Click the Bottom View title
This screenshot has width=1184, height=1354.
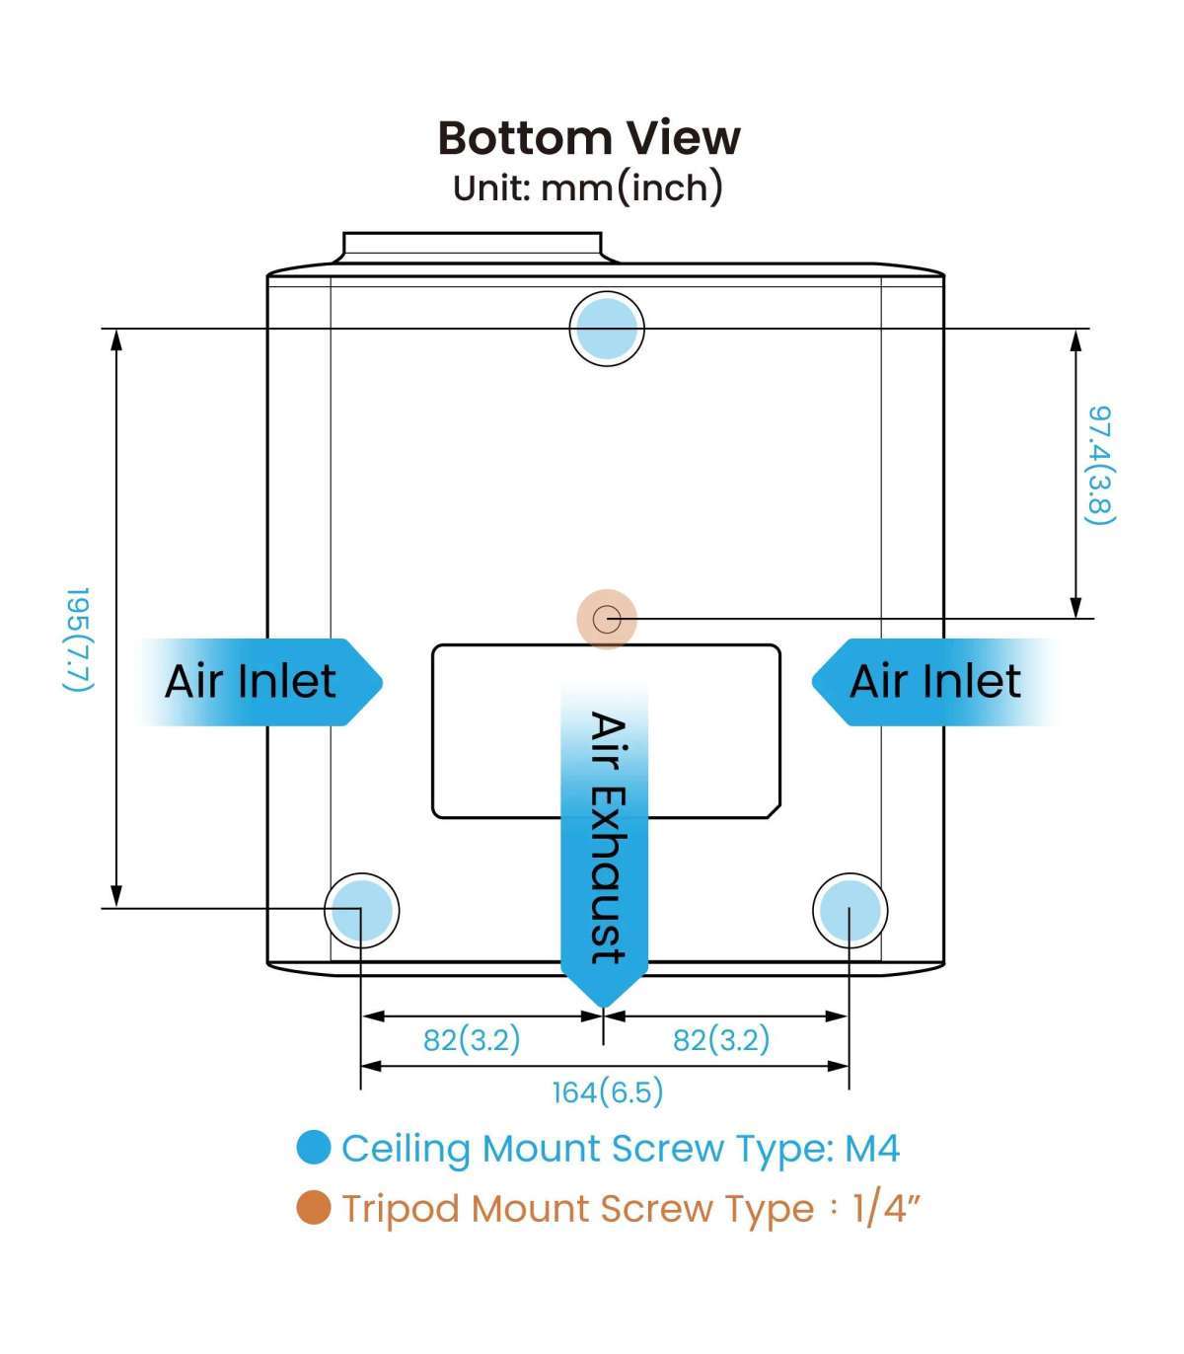tap(589, 138)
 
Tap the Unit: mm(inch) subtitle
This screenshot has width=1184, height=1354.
tap(588, 187)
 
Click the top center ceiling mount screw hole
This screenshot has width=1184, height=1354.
tap(607, 328)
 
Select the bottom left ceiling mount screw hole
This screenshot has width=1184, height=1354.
tap(361, 910)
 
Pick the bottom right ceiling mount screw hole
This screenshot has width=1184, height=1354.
tap(850, 910)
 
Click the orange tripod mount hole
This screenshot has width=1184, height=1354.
tap(607, 620)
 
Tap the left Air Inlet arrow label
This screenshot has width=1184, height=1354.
tap(251, 682)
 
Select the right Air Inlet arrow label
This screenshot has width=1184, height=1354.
tap(935, 682)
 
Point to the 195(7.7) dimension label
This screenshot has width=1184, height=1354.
tap(78, 639)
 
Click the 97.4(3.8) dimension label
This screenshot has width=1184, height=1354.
tap(1100, 465)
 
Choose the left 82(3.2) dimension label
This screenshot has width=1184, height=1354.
tap(472, 1039)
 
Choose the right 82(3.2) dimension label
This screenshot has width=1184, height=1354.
tap(720, 1039)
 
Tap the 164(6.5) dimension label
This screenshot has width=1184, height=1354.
tap(607, 1091)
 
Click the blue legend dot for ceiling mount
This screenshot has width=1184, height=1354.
tap(314, 1148)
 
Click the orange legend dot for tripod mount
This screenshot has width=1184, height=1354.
tap(314, 1208)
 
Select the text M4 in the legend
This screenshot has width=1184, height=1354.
tap(872, 1149)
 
